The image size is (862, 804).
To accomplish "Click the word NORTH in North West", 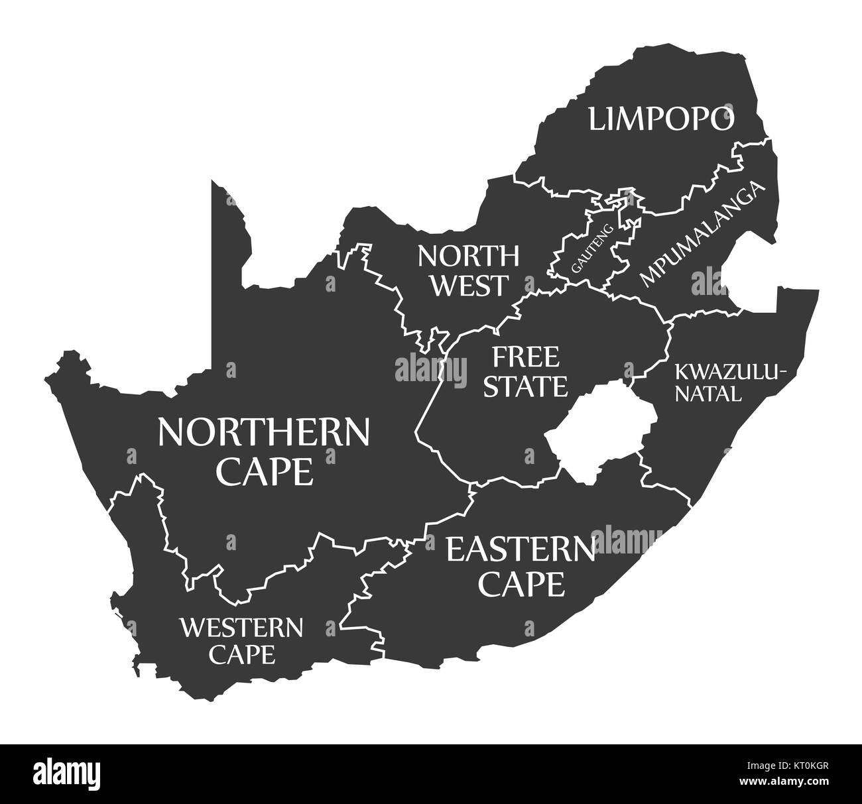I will [468, 255].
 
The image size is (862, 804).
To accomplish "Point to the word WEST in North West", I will [470, 286].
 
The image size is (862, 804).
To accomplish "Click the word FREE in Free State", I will [525, 357].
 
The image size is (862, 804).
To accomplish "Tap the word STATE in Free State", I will [525, 386].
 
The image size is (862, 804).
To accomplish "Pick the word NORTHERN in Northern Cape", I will [263, 433].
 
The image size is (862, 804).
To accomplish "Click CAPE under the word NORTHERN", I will [265, 471].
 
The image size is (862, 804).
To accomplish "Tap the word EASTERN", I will [520, 549].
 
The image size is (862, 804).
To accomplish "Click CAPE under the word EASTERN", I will [523, 583].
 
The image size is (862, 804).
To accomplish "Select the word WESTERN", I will [241, 626].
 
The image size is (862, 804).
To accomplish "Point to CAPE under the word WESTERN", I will [241, 655].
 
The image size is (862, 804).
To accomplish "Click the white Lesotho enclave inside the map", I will [600, 431].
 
